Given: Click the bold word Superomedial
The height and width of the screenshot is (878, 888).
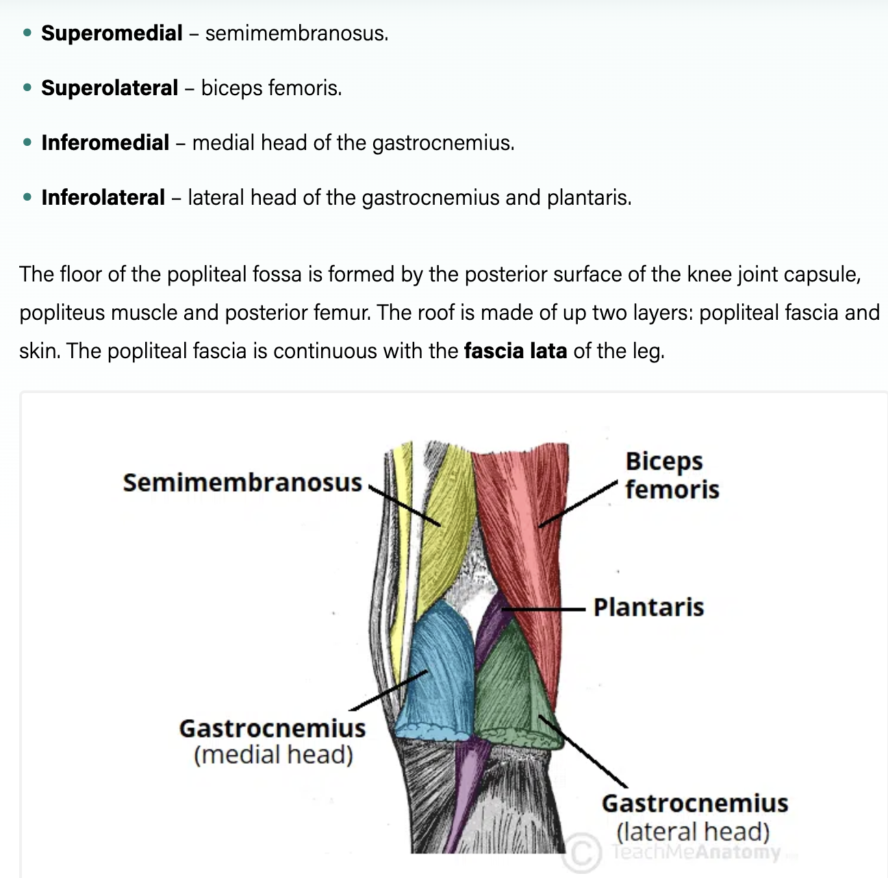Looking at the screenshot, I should coord(112,33).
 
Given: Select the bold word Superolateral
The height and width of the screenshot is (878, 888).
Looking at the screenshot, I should coord(110,88).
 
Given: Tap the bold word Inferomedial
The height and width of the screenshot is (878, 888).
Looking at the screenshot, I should coord(105,142).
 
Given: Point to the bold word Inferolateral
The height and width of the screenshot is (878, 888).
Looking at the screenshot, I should coord(103,197).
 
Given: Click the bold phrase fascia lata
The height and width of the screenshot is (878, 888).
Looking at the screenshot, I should coord(515,351).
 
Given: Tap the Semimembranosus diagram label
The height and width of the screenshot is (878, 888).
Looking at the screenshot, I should coord(242,483).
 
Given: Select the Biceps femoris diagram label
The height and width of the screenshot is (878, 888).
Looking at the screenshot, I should coord(671,475).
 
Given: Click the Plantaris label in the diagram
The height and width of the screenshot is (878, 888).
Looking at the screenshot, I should coord(648,607).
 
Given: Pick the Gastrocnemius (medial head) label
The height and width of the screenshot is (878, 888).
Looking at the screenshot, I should coord(272,741).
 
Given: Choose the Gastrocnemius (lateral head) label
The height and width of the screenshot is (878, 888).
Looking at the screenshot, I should coord(694,817).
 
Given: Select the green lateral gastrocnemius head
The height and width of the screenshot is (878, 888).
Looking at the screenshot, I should coord(510,685).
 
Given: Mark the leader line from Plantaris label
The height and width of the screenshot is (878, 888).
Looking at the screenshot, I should coord(548,608).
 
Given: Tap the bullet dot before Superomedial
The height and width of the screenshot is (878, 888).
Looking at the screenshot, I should coord(27,33).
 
